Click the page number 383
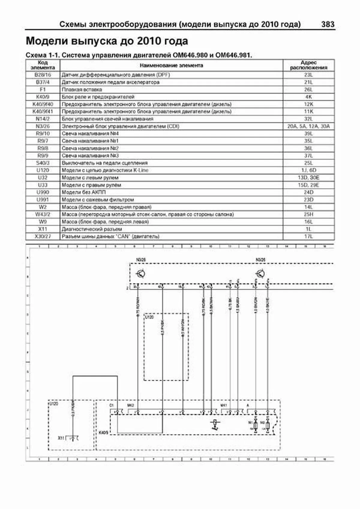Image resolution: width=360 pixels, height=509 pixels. tap(328, 24)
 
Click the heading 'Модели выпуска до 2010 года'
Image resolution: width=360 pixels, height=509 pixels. tap(107, 41)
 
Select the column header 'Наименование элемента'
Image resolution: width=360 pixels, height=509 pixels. tap(171, 65)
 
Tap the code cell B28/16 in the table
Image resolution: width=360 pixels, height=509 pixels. tap(43, 75)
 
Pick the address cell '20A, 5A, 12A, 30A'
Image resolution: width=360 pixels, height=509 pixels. tap(308, 126)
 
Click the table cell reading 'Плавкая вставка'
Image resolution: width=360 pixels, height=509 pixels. tap(82, 89)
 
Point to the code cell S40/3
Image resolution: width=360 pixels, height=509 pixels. tap(43, 163)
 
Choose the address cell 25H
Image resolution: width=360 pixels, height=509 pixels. tap(308, 214)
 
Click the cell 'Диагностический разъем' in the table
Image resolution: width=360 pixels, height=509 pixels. tap(92, 229)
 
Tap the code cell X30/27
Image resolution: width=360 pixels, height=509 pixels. tap(43, 236)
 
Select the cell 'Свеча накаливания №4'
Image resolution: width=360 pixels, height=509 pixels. tap(90, 133)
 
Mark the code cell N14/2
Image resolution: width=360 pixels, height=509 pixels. tap(43, 119)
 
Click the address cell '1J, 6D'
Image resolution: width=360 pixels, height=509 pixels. tap(308, 170)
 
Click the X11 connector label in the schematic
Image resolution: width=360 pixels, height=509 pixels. tap(61, 438)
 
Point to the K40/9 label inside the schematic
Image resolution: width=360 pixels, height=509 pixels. tap(103, 433)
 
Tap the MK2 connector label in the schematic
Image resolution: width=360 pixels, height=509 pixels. tap(130, 406)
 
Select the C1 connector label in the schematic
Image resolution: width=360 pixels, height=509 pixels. tap(112, 406)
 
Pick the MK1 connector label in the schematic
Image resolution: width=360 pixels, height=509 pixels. tap(224, 406)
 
